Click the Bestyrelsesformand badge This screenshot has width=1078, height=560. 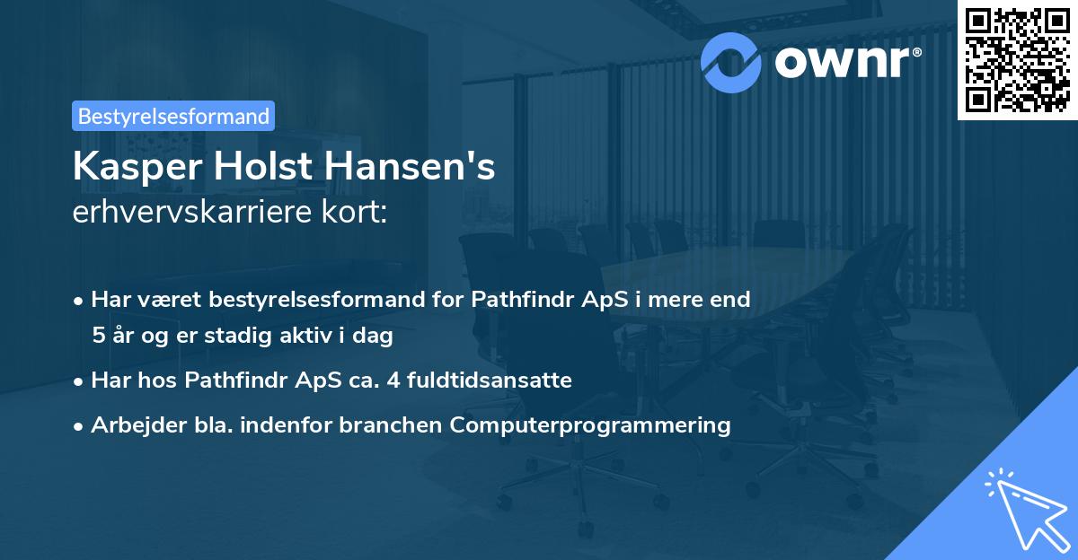coord(172,116)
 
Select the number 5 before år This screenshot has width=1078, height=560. coord(98,337)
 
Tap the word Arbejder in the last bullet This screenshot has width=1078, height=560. coord(135,424)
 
